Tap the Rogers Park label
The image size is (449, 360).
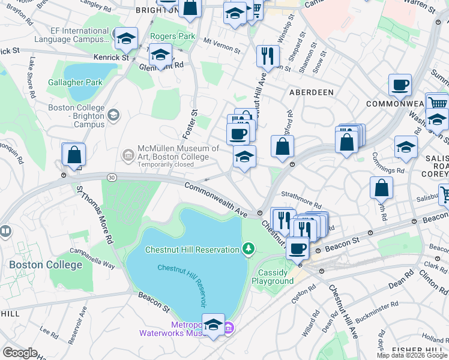(173, 36)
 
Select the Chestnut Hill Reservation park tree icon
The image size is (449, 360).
(249, 248)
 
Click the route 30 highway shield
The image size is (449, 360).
(111, 177)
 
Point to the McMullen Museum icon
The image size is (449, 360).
(128, 156)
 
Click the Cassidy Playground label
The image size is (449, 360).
(273, 277)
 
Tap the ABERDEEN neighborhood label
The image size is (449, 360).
(311, 92)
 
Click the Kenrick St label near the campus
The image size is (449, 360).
(111, 58)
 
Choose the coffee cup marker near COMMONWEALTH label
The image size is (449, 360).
(400, 85)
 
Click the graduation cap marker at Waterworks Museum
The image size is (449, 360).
(213, 325)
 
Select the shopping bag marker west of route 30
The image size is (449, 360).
(74, 154)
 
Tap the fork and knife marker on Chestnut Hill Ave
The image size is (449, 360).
(268, 56)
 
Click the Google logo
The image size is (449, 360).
(20, 353)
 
